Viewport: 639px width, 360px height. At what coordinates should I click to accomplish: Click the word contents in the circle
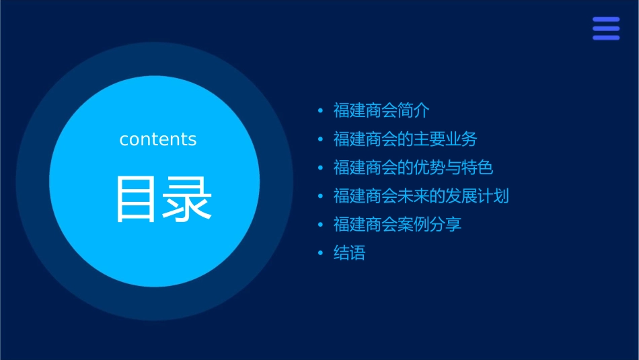pyautogui.click(x=158, y=139)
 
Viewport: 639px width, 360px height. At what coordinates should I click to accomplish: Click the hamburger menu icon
pyautogui.click(x=605, y=28)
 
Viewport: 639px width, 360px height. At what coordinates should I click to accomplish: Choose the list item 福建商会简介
pyautogui.click(x=381, y=111)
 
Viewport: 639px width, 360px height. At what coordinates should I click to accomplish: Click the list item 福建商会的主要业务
pyautogui.click(x=405, y=139)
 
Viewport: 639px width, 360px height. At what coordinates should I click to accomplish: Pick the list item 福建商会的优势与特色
pyautogui.click(x=413, y=168)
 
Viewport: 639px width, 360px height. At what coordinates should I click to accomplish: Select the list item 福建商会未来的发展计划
pyautogui.click(x=421, y=196)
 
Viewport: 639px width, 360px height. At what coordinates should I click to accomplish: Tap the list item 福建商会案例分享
pyautogui.click(x=397, y=224)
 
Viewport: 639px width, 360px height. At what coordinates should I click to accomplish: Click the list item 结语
pyautogui.click(x=349, y=253)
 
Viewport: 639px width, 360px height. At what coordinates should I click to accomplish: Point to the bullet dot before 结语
pyautogui.click(x=321, y=253)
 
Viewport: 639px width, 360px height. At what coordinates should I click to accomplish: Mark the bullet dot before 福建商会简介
pyautogui.click(x=321, y=111)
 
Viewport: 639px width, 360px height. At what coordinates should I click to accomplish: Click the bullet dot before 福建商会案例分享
pyautogui.click(x=321, y=224)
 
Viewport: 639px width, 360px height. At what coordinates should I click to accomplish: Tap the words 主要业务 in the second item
pyautogui.click(x=445, y=139)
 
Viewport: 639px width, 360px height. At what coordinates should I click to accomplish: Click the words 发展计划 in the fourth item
pyautogui.click(x=478, y=196)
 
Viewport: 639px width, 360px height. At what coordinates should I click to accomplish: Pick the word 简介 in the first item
pyautogui.click(x=414, y=111)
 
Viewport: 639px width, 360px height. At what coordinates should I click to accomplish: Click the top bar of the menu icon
pyautogui.click(x=605, y=20)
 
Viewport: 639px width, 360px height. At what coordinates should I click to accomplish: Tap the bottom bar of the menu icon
pyautogui.click(x=605, y=37)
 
